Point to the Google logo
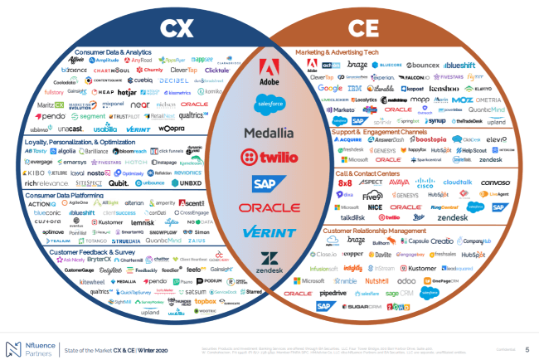pos(329,87)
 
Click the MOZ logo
pos(463,98)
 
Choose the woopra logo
pos(172,129)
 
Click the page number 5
pos(527,350)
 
